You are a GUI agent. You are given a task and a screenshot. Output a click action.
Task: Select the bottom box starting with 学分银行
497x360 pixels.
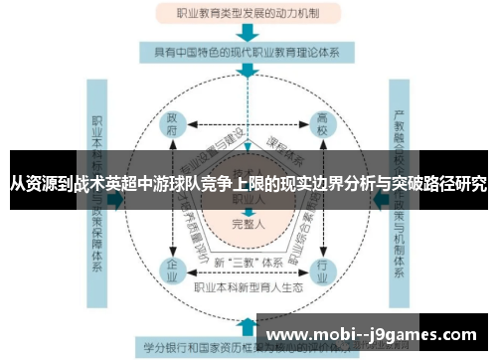point(199,347)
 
